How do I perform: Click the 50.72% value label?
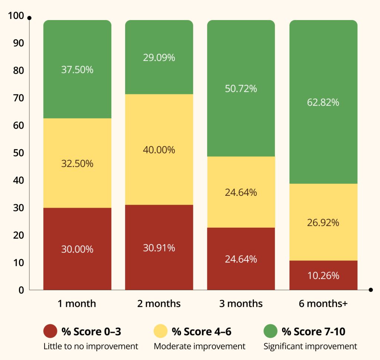click(x=241, y=89)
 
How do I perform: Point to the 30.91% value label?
click(x=159, y=248)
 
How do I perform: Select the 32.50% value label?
click(x=77, y=163)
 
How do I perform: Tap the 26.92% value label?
click(x=323, y=223)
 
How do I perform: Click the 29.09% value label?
click(x=159, y=58)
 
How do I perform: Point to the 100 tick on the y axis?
click(x=18, y=16)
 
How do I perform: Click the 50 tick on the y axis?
click(x=19, y=153)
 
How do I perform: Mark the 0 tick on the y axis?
click(x=22, y=290)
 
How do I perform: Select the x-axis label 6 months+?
click(x=323, y=304)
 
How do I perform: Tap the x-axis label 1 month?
click(x=77, y=304)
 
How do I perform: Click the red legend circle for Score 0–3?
click(x=50, y=331)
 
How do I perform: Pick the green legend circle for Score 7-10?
click(x=270, y=331)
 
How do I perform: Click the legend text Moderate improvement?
click(x=200, y=346)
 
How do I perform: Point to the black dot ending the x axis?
click(x=370, y=290)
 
